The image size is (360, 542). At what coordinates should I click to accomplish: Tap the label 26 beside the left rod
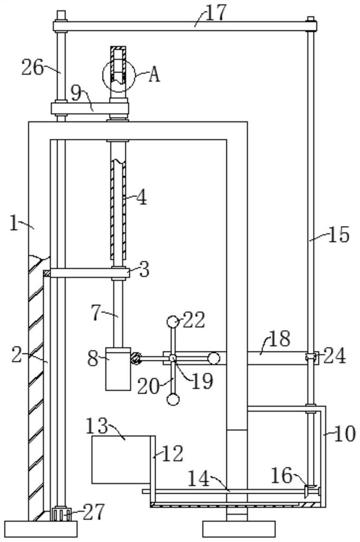[x=33, y=67]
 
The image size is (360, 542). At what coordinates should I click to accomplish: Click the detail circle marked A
[x=118, y=76]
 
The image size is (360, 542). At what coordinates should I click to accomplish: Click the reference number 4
[x=141, y=197]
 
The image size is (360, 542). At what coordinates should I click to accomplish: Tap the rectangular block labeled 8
[x=118, y=369]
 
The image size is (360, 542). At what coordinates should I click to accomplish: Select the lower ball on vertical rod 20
[x=173, y=399]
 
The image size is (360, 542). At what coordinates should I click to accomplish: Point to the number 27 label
[x=93, y=512]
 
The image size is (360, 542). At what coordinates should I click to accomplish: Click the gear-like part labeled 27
[x=61, y=514]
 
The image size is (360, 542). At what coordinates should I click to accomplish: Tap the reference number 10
[x=345, y=434]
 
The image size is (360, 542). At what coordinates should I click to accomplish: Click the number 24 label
[x=335, y=356]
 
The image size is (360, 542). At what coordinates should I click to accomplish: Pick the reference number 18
[x=279, y=339]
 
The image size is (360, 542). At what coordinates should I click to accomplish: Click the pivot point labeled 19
[x=173, y=358]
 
